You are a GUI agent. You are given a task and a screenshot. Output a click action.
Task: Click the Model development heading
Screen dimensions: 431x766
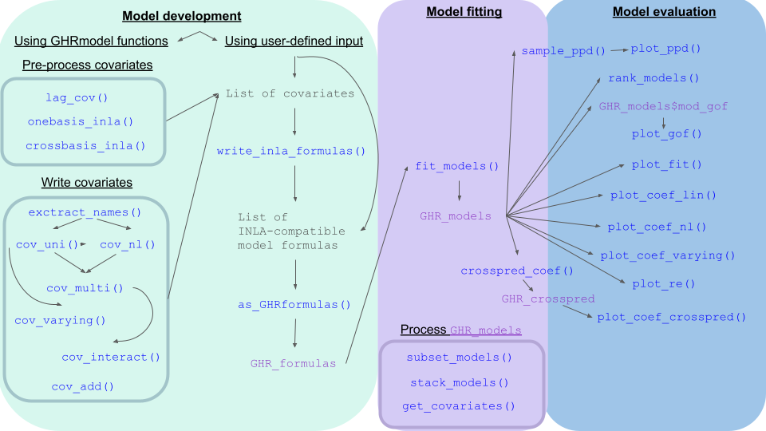point(182,16)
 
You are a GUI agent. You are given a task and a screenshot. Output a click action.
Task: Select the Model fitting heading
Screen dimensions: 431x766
point(464,12)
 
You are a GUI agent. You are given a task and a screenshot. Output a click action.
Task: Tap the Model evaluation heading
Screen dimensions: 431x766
point(664,12)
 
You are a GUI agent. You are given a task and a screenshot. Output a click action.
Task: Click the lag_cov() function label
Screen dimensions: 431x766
point(77,98)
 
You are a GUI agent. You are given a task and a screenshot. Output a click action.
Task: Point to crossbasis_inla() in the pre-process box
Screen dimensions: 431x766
point(86,145)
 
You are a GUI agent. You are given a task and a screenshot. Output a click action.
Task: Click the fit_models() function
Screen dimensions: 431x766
point(457,167)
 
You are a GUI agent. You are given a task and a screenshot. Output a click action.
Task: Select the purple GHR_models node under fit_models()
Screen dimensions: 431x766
point(456,215)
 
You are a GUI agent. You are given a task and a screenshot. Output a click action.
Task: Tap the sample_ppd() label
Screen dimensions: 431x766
point(563,50)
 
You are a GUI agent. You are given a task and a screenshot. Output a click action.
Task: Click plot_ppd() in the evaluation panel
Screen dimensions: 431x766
point(665,49)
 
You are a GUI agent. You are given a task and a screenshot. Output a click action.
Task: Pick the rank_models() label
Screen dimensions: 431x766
point(653,78)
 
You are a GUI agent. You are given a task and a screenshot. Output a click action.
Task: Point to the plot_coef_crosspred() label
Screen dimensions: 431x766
point(671,317)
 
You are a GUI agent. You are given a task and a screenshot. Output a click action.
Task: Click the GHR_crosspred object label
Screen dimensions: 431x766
point(548,299)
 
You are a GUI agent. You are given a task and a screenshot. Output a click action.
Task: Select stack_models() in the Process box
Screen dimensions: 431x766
point(459,382)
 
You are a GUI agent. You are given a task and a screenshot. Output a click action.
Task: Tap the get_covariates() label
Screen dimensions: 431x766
point(459,406)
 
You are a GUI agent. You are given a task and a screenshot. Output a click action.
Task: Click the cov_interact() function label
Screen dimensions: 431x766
point(111,357)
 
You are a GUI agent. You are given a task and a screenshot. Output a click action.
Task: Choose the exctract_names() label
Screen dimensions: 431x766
point(85,212)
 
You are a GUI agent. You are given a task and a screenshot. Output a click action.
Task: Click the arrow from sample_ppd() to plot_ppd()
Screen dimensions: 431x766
point(618,49)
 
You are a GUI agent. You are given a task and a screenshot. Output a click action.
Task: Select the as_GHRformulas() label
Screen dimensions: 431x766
point(294,304)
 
